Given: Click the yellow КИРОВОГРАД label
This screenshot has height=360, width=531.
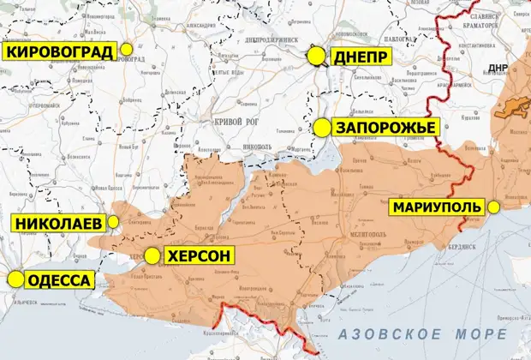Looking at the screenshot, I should (60, 51).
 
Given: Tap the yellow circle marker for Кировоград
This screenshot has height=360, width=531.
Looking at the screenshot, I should (128, 50).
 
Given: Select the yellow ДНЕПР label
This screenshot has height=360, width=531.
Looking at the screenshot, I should (361, 57).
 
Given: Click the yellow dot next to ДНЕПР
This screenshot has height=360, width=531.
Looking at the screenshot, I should (317, 57).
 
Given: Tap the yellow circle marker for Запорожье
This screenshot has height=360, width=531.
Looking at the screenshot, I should (321, 127).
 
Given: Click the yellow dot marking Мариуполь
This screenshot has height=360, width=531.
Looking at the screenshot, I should (494, 207).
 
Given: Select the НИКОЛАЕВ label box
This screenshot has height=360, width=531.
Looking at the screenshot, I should (57, 224).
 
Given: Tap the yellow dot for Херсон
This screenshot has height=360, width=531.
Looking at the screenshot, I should (152, 255).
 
